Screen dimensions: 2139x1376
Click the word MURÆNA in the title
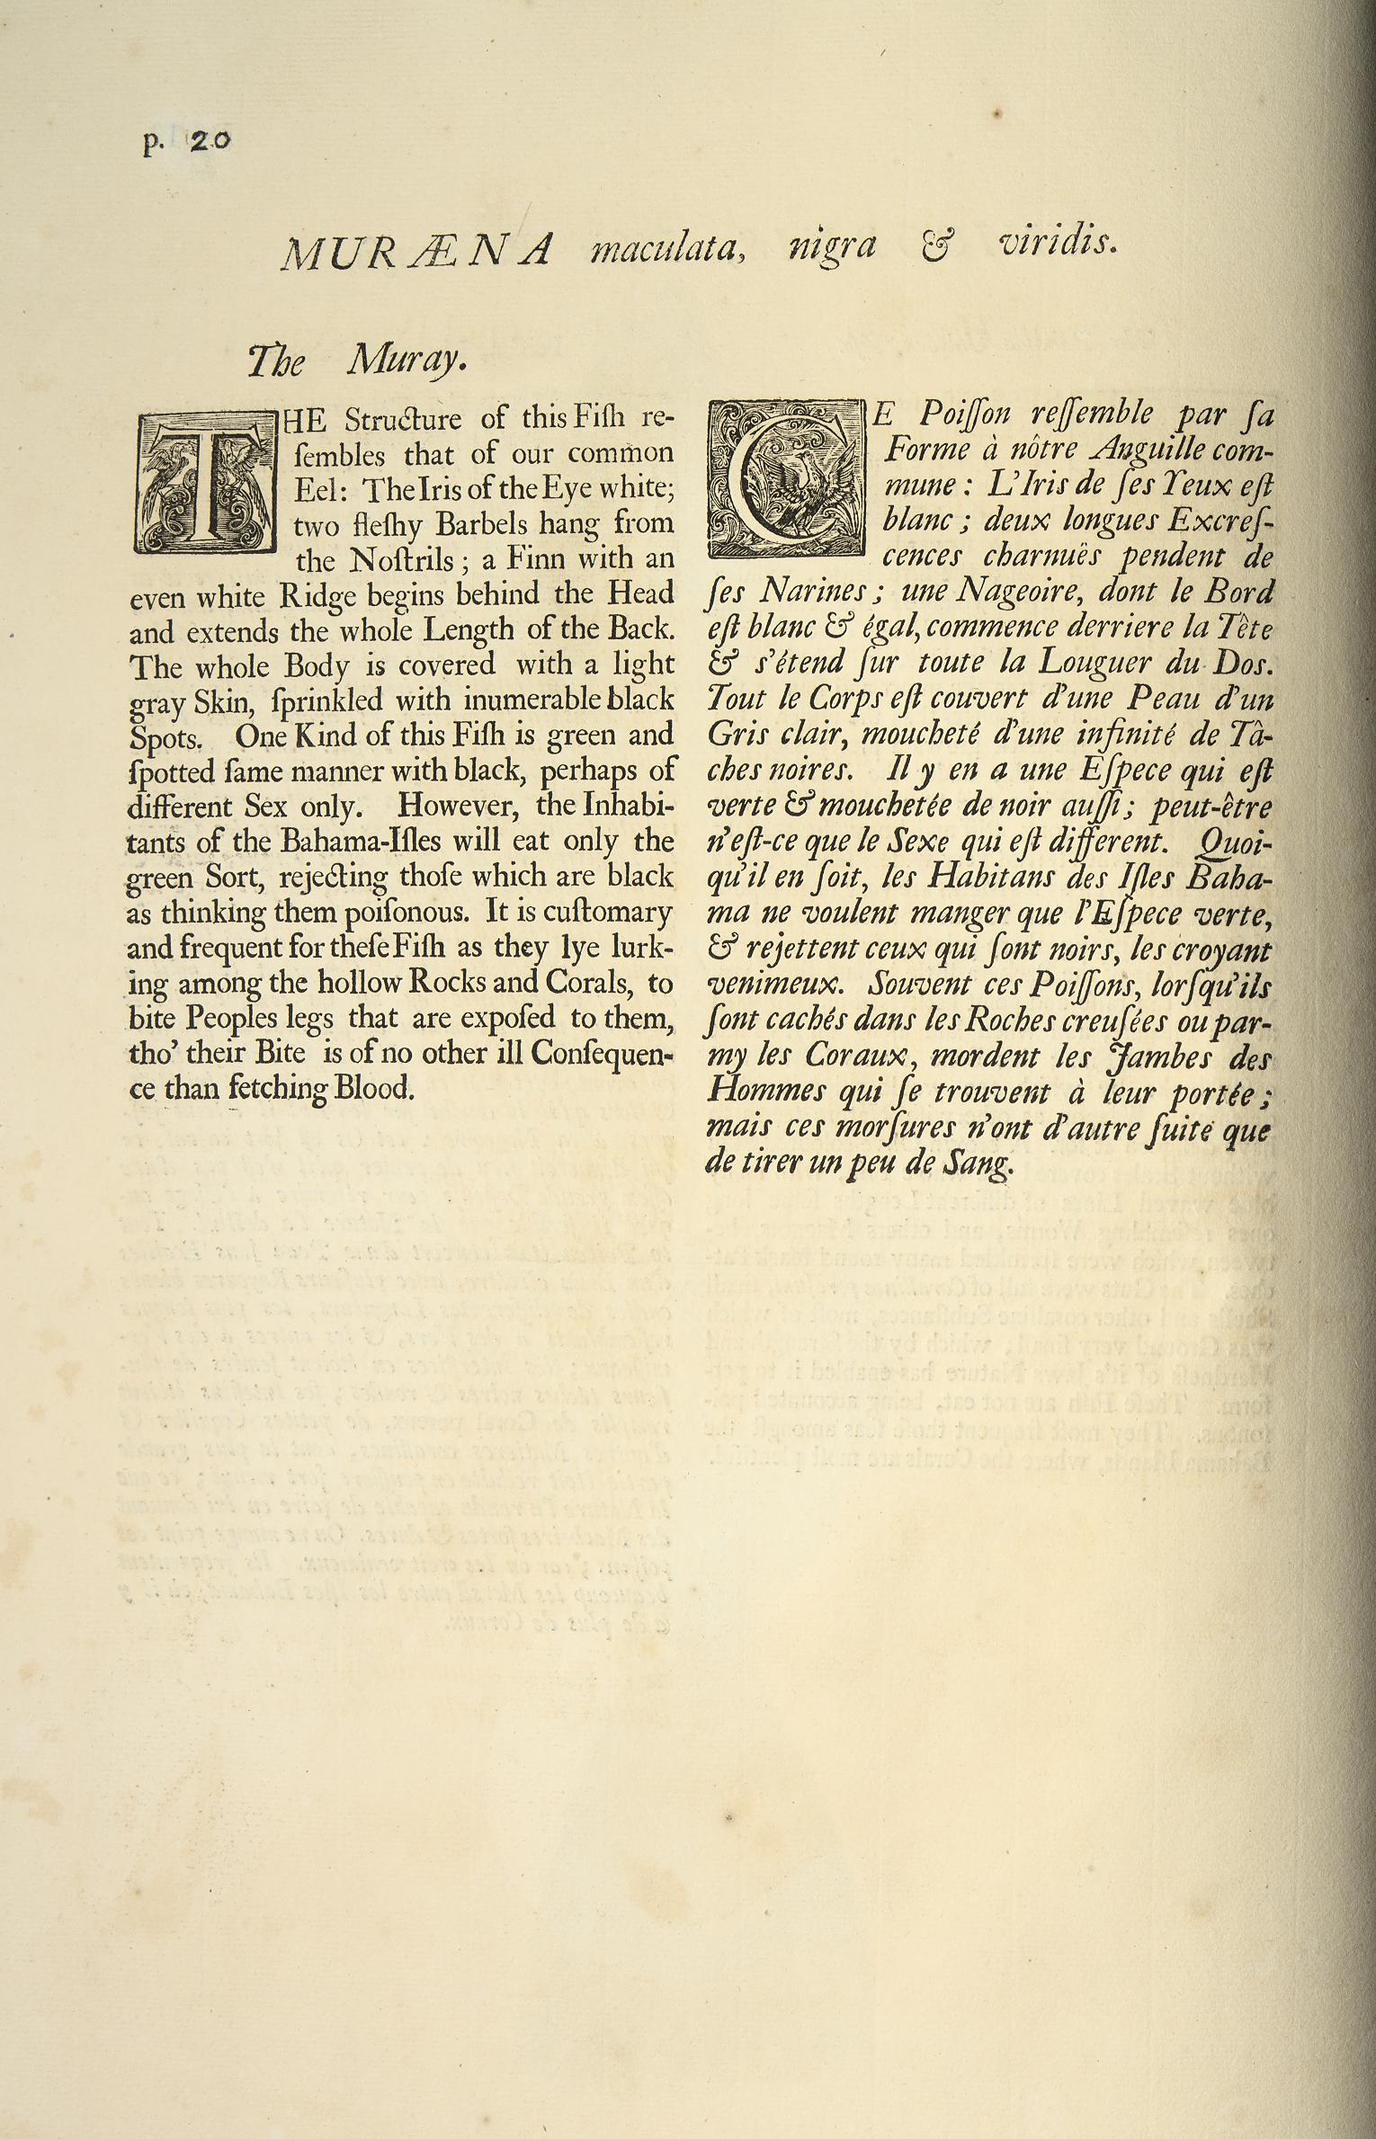click(x=415, y=252)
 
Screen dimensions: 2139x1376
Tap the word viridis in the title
click(x=1058, y=244)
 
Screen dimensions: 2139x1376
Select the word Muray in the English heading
click(x=407, y=361)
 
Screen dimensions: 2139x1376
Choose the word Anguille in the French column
click(x=1139, y=450)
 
